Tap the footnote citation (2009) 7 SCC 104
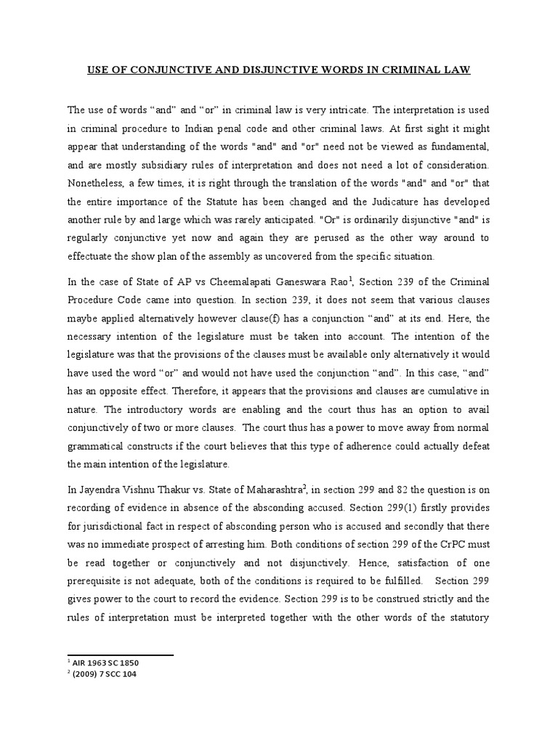(103, 674)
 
